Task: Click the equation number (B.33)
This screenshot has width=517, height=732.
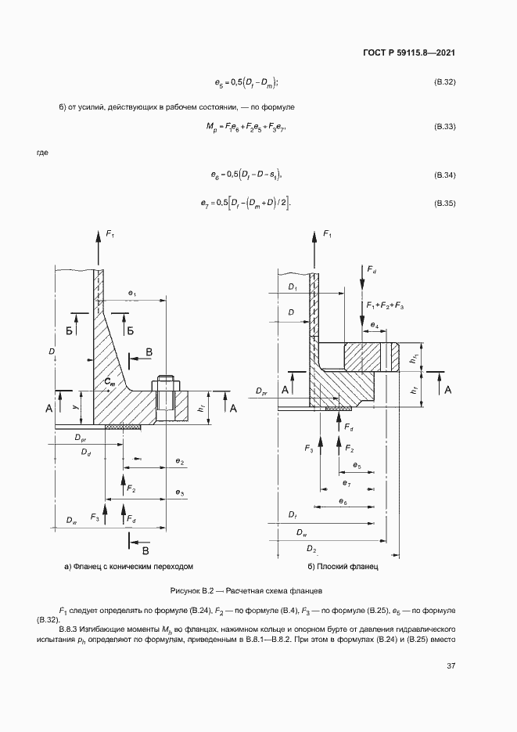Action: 445,127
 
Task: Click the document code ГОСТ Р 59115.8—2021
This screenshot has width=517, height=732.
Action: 408,52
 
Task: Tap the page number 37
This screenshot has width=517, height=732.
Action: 451,665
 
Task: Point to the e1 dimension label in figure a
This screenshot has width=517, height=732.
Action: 132,293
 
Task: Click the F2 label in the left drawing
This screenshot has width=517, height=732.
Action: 131,489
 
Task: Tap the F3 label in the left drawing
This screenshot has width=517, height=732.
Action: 95,517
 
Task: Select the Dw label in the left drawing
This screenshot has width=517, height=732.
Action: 71,520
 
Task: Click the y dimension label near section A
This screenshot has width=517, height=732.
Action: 76,406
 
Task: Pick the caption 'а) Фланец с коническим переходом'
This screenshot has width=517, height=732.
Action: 129,566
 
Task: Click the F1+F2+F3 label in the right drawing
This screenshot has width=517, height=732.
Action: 385,305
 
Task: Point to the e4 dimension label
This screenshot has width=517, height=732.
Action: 375,324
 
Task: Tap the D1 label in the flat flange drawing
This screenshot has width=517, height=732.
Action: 293,287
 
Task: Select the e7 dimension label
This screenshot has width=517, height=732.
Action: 346,483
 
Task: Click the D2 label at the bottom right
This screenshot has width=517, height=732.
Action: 311,549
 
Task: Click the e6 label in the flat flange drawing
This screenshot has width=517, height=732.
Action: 343,501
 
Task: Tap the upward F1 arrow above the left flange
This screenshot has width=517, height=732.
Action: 99,249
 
